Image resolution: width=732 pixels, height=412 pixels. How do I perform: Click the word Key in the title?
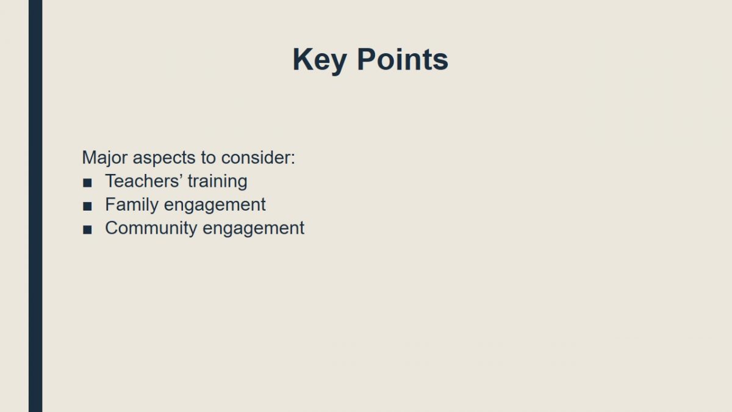pyautogui.click(x=320, y=60)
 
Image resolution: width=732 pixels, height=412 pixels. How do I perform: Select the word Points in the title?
pyautogui.click(x=403, y=59)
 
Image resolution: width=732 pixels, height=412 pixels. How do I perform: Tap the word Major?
pyautogui.click(x=104, y=159)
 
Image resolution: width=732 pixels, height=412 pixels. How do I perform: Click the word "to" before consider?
pyautogui.click(x=208, y=158)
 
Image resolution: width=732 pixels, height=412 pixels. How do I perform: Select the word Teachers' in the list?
pyautogui.click(x=144, y=181)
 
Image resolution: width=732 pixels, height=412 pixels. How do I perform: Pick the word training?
pyautogui.click(x=217, y=182)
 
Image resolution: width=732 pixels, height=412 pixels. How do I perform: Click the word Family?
pyautogui.click(x=132, y=205)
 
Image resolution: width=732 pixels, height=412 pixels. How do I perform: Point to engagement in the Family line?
pyautogui.click(x=215, y=206)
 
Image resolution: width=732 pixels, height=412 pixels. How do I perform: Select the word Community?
pyautogui.click(x=151, y=228)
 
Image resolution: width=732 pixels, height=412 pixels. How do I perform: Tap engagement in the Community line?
pyautogui.click(x=254, y=229)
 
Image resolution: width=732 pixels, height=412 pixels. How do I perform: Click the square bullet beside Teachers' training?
pyautogui.click(x=87, y=183)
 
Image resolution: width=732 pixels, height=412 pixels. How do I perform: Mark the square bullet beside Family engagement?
pyautogui.click(x=87, y=206)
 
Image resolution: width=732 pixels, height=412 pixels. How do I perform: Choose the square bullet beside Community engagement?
pyautogui.click(x=87, y=230)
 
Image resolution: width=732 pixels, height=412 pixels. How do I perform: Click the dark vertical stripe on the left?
pyautogui.click(x=35, y=206)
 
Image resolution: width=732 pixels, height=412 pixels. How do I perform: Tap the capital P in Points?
pyautogui.click(x=366, y=59)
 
